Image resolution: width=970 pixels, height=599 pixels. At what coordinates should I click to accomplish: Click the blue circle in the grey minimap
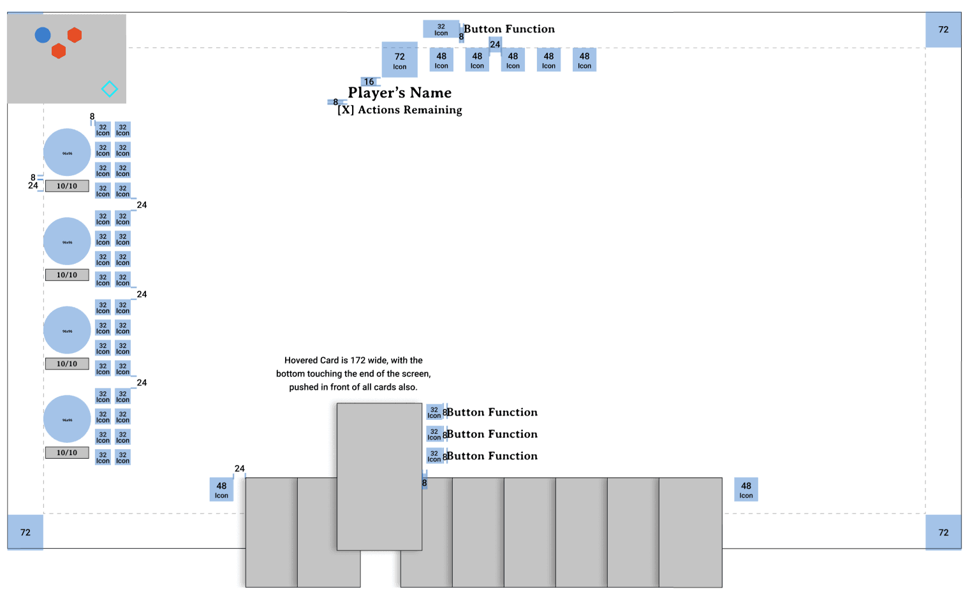43,35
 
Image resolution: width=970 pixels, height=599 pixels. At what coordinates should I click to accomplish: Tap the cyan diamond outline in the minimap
110,89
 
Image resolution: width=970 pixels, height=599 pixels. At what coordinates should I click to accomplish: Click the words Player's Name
399,93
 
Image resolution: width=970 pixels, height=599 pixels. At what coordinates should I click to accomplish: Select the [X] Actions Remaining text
400,110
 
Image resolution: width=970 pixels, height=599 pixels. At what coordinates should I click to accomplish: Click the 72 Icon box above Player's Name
400,60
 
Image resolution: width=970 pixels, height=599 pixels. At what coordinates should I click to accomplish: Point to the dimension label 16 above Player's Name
369,82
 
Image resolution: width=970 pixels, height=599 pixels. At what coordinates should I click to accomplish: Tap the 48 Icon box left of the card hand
221,489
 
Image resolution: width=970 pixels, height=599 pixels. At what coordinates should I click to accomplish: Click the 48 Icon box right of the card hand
746,489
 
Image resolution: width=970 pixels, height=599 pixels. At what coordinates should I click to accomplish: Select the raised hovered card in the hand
379,476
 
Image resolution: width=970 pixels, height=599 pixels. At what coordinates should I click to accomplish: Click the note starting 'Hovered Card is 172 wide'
353,373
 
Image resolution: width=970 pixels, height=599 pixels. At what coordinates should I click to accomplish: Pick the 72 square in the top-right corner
943,29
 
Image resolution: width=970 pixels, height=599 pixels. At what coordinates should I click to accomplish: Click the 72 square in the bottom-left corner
26,532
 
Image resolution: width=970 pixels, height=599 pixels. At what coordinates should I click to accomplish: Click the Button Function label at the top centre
509,29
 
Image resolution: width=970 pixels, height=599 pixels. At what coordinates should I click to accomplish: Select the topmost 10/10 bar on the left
67,186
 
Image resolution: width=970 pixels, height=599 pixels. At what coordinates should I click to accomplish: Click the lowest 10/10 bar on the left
67,453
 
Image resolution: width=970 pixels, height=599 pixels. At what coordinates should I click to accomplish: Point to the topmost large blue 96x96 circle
67,152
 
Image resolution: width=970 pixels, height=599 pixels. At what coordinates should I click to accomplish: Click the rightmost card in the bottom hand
691,532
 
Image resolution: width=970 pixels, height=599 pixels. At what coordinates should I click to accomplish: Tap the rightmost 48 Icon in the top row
584,60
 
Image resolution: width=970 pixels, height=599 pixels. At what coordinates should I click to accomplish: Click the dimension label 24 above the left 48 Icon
240,468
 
